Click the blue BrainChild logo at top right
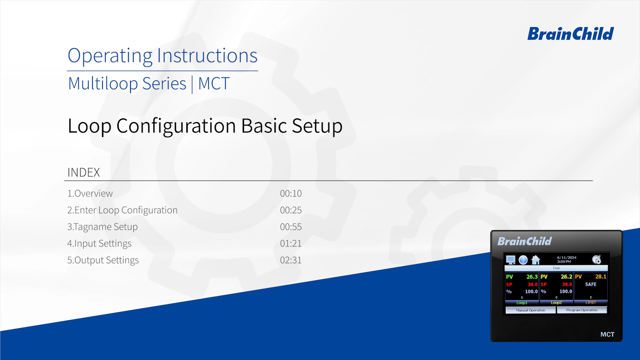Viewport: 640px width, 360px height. [x=570, y=34]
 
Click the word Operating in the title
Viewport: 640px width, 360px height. [x=110, y=56]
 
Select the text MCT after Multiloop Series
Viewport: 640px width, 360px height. [x=214, y=83]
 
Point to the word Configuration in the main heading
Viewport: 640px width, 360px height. [x=176, y=126]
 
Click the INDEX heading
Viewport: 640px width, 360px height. [x=84, y=172]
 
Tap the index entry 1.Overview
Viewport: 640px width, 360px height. [x=90, y=193]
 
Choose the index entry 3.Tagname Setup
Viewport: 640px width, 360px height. [x=102, y=227]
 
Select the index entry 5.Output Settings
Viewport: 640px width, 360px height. [x=103, y=260]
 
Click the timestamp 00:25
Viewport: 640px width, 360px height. [x=291, y=210]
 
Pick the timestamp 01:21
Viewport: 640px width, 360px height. [x=291, y=243]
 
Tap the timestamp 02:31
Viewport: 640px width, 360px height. [x=291, y=260]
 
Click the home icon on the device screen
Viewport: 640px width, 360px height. [x=536, y=260]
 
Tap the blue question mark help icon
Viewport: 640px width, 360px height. [x=523, y=260]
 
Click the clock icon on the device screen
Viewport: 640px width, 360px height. [x=597, y=259]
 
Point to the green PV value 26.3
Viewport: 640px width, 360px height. [x=532, y=277]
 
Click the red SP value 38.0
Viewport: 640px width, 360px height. [x=567, y=284]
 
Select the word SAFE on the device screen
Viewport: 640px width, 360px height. [x=591, y=284]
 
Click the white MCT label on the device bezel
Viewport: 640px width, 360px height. [x=607, y=334]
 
